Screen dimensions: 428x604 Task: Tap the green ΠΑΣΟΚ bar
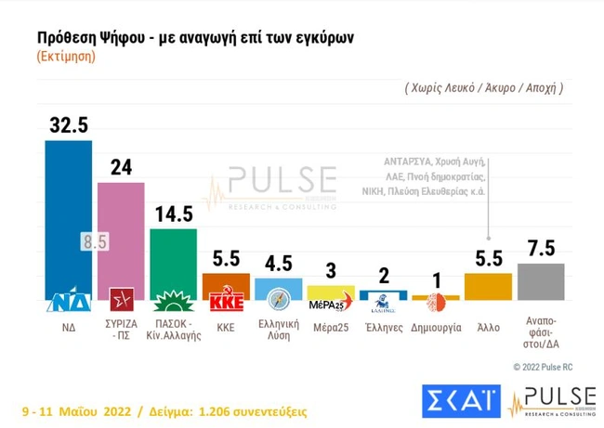click(173, 260)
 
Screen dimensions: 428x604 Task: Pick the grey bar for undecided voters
click(541, 281)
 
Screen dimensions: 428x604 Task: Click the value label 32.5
click(68, 126)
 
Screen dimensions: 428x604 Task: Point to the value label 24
click(121, 168)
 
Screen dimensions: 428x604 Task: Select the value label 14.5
click(173, 214)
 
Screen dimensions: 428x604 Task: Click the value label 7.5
click(541, 250)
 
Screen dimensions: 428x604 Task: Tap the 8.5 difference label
click(95, 242)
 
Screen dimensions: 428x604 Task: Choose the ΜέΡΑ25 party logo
click(330, 302)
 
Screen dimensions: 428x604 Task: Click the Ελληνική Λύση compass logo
click(278, 300)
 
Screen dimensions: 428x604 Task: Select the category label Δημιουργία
click(435, 328)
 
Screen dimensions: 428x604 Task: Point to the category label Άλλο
click(488, 328)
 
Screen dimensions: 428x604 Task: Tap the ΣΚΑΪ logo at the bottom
click(461, 400)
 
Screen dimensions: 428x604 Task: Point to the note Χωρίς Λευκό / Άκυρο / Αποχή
click(483, 88)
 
